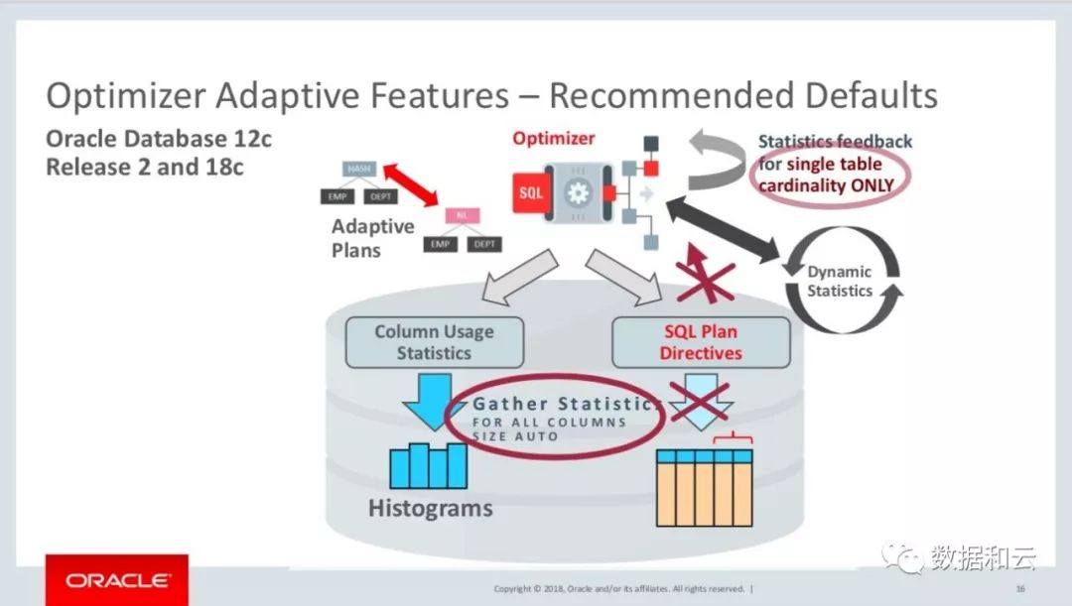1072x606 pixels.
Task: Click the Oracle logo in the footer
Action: pyautogui.click(x=117, y=579)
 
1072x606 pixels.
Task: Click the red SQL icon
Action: pyautogui.click(x=531, y=192)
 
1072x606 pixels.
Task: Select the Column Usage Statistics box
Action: pyautogui.click(x=434, y=342)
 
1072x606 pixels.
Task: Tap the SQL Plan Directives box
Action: pyautogui.click(x=701, y=342)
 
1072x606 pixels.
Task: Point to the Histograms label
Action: pyautogui.click(x=430, y=509)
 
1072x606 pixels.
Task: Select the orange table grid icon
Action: pyautogui.click(x=704, y=487)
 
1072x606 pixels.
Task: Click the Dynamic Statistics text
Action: pyautogui.click(x=839, y=282)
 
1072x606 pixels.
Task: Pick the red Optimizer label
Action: pyautogui.click(x=553, y=139)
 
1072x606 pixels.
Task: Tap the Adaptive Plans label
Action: pyautogui.click(x=372, y=238)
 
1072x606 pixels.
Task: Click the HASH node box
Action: pyautogui.click(x=358, y=169)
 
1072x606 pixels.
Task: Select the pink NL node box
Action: pyautogui.click(x=462, y=215)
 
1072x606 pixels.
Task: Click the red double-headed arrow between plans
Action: pyautogui.click(x=409, y=185)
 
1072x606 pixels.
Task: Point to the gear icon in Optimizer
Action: pyautogui.click(x=577, y=192)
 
